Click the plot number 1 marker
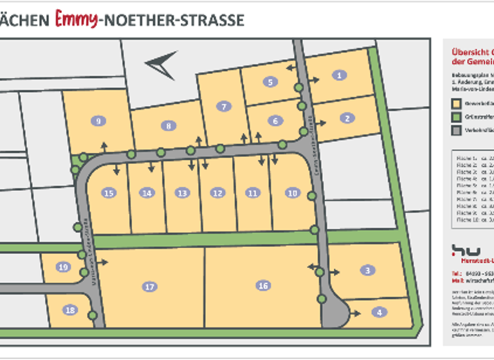[x=338, y=75]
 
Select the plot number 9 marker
[x=98, y=121]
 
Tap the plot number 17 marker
[x=150, y=287]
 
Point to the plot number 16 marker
[x=262, y=285]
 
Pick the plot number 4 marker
[x=380, y=312]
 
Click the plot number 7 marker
[x=224, y=107]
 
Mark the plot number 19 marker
[x=62, y=267]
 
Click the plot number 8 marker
[x=168, y=126]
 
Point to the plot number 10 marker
[x=293, y=192]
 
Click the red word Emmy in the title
[x=76, y=19]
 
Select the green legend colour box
[x=456, y=116]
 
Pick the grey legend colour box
[x=456, y=130]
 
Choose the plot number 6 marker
[x=275, y=120]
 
